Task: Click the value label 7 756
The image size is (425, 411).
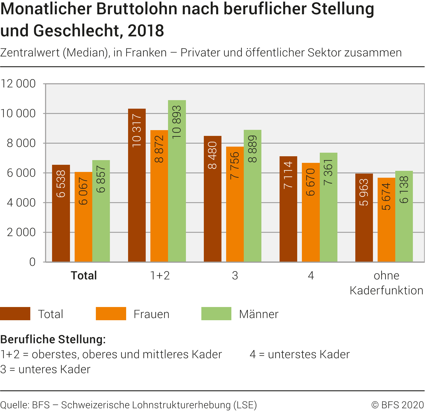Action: [x=235, y=166]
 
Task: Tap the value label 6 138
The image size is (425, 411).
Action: [x=404, y=190]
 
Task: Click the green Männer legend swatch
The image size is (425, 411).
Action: [x=216, y=314]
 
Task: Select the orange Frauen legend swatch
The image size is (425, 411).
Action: [x=111, y=314]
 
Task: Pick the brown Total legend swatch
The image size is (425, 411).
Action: [x=15, y=314]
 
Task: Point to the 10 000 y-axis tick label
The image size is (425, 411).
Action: [x=18, y=113]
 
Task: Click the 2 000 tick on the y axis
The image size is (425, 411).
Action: [x=21, y=232]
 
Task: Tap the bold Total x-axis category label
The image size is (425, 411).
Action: [x=84, y=275]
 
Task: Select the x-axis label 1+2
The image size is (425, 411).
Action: [x=160, y=275]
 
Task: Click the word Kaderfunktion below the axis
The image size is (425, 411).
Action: [x=386, y=291]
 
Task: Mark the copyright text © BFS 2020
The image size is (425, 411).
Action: [x=397, y=405]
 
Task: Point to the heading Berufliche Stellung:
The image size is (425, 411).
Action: [x=53, y=339]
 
